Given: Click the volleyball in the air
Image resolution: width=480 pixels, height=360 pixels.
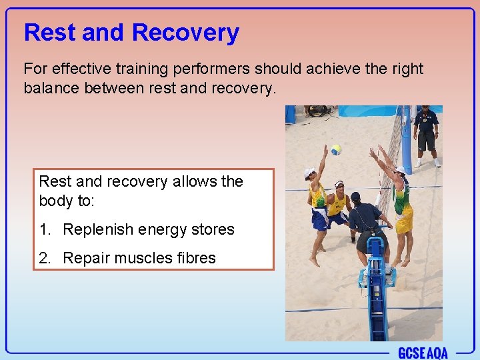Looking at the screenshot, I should [337, 150].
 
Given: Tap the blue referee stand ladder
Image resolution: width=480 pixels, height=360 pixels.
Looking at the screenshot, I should [376, 300].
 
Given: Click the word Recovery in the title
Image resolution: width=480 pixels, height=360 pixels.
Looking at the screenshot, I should [185, 33].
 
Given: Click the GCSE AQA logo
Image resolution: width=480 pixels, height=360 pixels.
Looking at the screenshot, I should [423, 353].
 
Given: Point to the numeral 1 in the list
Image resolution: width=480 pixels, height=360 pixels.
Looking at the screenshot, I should [43, 230].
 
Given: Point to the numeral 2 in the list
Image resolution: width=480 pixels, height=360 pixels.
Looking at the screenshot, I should [43, 259].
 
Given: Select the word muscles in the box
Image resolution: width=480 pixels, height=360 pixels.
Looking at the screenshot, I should [139, 259].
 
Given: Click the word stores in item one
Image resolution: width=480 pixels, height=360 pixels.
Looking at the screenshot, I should [211, 230].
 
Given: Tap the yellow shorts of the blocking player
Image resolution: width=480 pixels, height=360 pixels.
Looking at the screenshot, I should [404, 223].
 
